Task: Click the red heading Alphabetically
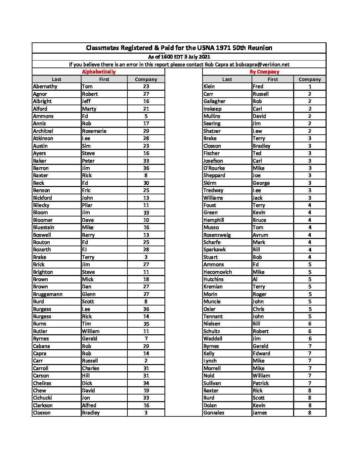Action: point(99,72)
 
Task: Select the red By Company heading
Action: point(264,72)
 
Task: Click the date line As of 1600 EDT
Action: point(179,57)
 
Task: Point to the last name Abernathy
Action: point(45,86)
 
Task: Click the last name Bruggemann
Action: point(48,294)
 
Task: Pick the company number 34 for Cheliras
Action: point(146,383)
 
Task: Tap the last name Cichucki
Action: point(42,398)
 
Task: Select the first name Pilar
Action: point(87,205)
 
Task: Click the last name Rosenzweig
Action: point(217,235)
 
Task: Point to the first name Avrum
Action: point(260,235)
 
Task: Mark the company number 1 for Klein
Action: point(310,86)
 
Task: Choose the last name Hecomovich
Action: point(217,272)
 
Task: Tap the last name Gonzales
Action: point(214,413)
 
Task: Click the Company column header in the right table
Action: point(310,79)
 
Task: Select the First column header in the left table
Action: point(104,79)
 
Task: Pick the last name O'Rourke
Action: point(214,168)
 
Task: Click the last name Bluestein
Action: point(43,227)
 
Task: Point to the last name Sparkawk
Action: point(214,250)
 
